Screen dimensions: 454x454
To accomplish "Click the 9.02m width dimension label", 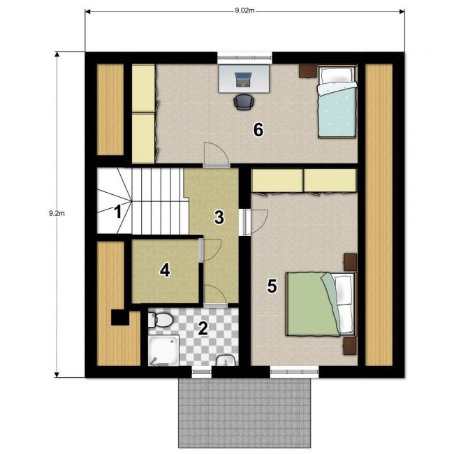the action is click(244, 10).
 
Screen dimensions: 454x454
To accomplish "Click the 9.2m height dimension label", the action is click(57, 214).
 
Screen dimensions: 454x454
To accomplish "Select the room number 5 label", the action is click(272, 286).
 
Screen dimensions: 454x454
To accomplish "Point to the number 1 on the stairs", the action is click(118, 212).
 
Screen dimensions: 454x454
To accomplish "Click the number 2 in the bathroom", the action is click(203, 328).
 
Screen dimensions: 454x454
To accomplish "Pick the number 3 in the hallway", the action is click(219, 217).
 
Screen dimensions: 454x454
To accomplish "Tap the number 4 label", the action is click(165, 270).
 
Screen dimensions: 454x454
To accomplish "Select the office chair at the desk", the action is click(244, 102).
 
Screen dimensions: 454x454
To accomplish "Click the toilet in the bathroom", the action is click(160, 320).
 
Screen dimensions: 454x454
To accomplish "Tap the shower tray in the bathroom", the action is click(163, 351).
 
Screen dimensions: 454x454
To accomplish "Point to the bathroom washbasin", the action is click(226, 360).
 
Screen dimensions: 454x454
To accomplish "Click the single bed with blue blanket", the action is click(337, 102).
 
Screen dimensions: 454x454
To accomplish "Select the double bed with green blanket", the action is click(321, 304).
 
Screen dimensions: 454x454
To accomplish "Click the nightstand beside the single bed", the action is click(308, 71).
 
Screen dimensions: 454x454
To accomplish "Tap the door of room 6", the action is click(217, 155).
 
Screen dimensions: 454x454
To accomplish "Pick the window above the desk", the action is click(244, 58).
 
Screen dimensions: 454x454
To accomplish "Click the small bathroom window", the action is click(202, 372).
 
